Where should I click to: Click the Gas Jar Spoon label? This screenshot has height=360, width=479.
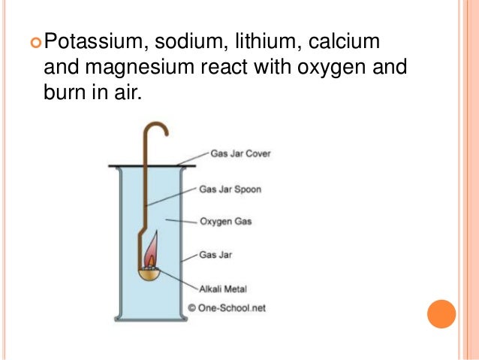230,189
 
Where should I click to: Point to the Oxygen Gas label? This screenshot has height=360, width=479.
225,222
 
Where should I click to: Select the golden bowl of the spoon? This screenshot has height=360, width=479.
152,273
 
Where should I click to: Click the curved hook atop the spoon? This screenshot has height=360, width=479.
155,130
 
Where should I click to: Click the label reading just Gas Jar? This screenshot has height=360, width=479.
215,255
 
